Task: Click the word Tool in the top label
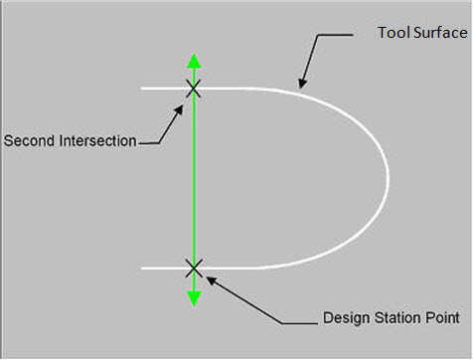coord(391,33)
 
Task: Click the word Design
coord(345,319)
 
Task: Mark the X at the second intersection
coord(194,89)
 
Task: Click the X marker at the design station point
coord(194,268)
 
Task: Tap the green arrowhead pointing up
coord(194,60)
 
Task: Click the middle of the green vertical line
coord(194,179)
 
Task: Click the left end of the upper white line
coord(143,89)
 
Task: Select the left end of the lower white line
coord(143,268)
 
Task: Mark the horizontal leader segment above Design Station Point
coord(298,321)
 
